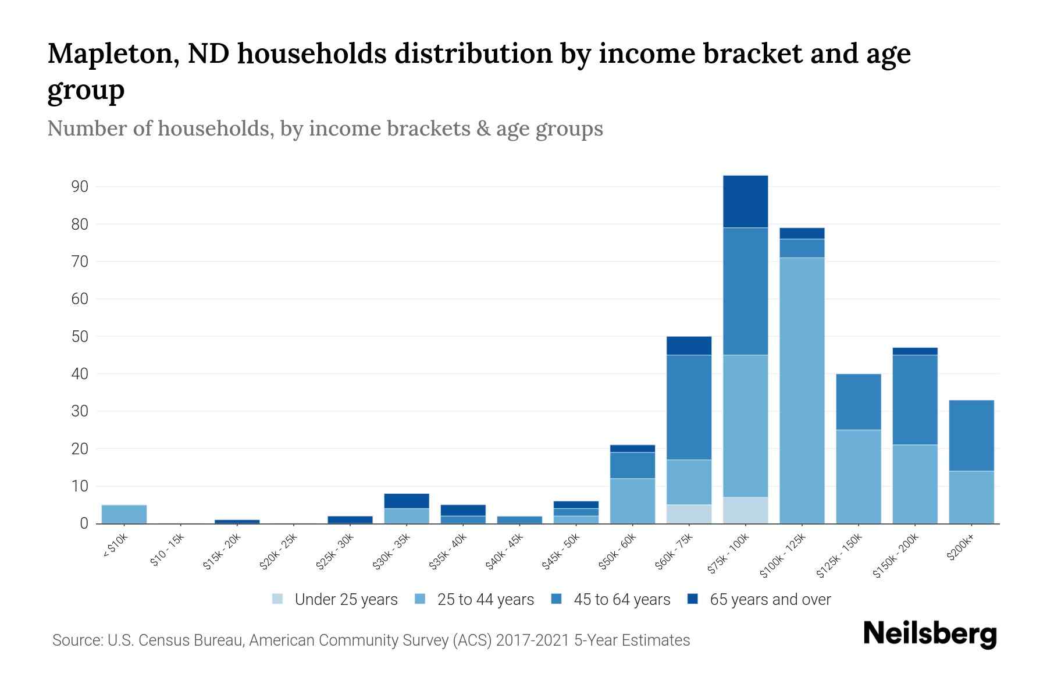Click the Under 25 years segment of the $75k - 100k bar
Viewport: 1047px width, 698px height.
point(745,510)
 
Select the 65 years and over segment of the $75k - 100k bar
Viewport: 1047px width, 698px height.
point(745,201)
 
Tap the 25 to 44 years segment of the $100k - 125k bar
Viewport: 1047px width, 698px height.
point(802,390)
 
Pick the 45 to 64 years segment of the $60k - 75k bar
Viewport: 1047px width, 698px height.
point(689,407)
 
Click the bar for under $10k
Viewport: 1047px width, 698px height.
point(124,514)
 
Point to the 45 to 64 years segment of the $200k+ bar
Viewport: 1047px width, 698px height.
point(971,435)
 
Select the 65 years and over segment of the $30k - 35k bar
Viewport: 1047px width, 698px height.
point(407,501)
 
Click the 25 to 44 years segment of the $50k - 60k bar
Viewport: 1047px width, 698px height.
point(632,501)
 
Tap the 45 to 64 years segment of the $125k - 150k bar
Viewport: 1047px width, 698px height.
point(858,401)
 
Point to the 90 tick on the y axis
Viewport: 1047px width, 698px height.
point(80,187)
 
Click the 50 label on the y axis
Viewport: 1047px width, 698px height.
point(80,337)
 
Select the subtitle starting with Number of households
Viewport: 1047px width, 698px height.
point(325,129)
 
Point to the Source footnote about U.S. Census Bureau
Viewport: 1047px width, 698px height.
point(371,640)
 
